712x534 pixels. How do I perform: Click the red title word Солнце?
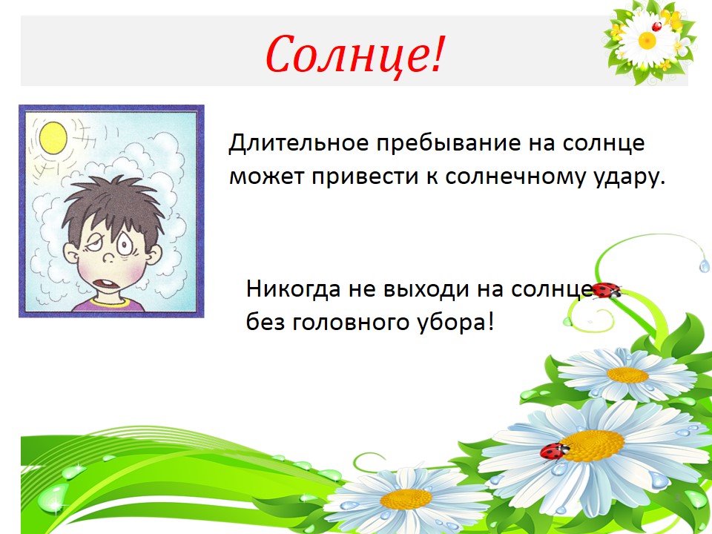354,54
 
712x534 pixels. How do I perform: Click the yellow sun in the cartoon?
53,138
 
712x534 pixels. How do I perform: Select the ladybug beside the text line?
606,290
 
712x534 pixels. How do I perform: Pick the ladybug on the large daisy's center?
554,452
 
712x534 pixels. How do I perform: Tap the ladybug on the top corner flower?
656,27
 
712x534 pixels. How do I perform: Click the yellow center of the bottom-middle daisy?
406,499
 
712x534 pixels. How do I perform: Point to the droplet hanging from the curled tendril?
705,266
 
